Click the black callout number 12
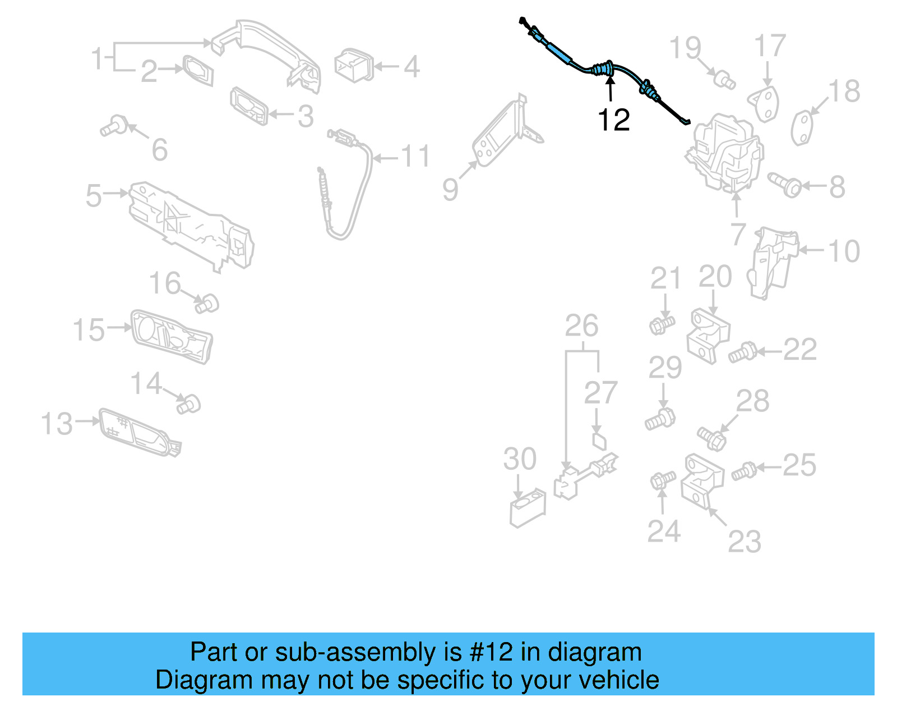pyautogui.click(x=613, y=120)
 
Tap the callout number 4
pyautogui.click(x=411, y=67)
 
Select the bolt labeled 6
pyautogui.click(x=114, y=126)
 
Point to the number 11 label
pyautogui.click(x=415, y=156)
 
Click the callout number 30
pyautogui.click(x=520, y=459)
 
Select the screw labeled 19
pyautogui.click(x=724, y=79)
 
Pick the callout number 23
pyautogui.click(x=745, y=542)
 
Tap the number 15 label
pyautogui.click(x=89, y=329)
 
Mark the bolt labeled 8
pyautogui.click(x=785, y=185)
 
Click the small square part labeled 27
pyautogui.click(x=599, y=441)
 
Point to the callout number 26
pyautogui.click(x=581, y=326)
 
